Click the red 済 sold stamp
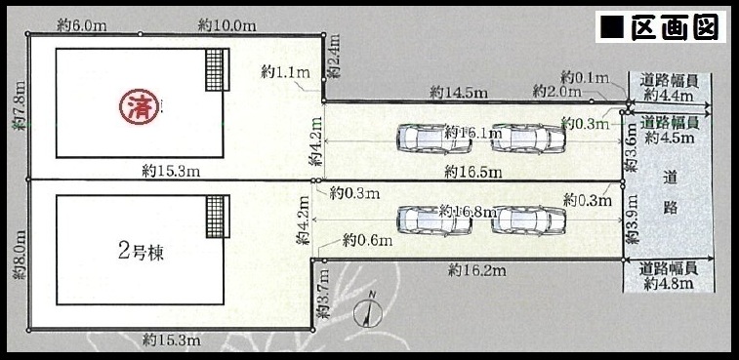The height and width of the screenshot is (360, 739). click(138, 107)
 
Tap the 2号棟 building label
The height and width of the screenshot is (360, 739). click(140, 253)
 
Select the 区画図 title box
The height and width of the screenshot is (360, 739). click(660, 26)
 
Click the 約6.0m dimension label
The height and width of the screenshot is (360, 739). click(82, 25)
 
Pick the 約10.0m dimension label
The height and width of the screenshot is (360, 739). click(226, 25)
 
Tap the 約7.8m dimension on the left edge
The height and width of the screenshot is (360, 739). click(20, 106)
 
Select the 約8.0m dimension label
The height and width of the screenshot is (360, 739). click(20, 255)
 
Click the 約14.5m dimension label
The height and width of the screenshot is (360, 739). click(458, 94)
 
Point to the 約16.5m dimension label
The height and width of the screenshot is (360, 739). click(472, 173)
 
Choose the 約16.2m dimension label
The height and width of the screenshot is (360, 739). click(477, 270)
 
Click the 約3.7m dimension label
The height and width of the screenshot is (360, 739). click(323, 295)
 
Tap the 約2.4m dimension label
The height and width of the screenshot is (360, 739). click(334, 56)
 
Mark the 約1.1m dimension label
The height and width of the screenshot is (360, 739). click(286, 72)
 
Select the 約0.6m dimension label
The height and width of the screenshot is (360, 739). click(368, 241)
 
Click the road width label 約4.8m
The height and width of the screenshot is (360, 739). click(669, 284)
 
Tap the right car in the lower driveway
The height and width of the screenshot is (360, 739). click(528, 220)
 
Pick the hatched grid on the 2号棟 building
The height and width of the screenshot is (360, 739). click(215, 217)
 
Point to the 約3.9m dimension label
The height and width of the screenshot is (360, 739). click(631, 220)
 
